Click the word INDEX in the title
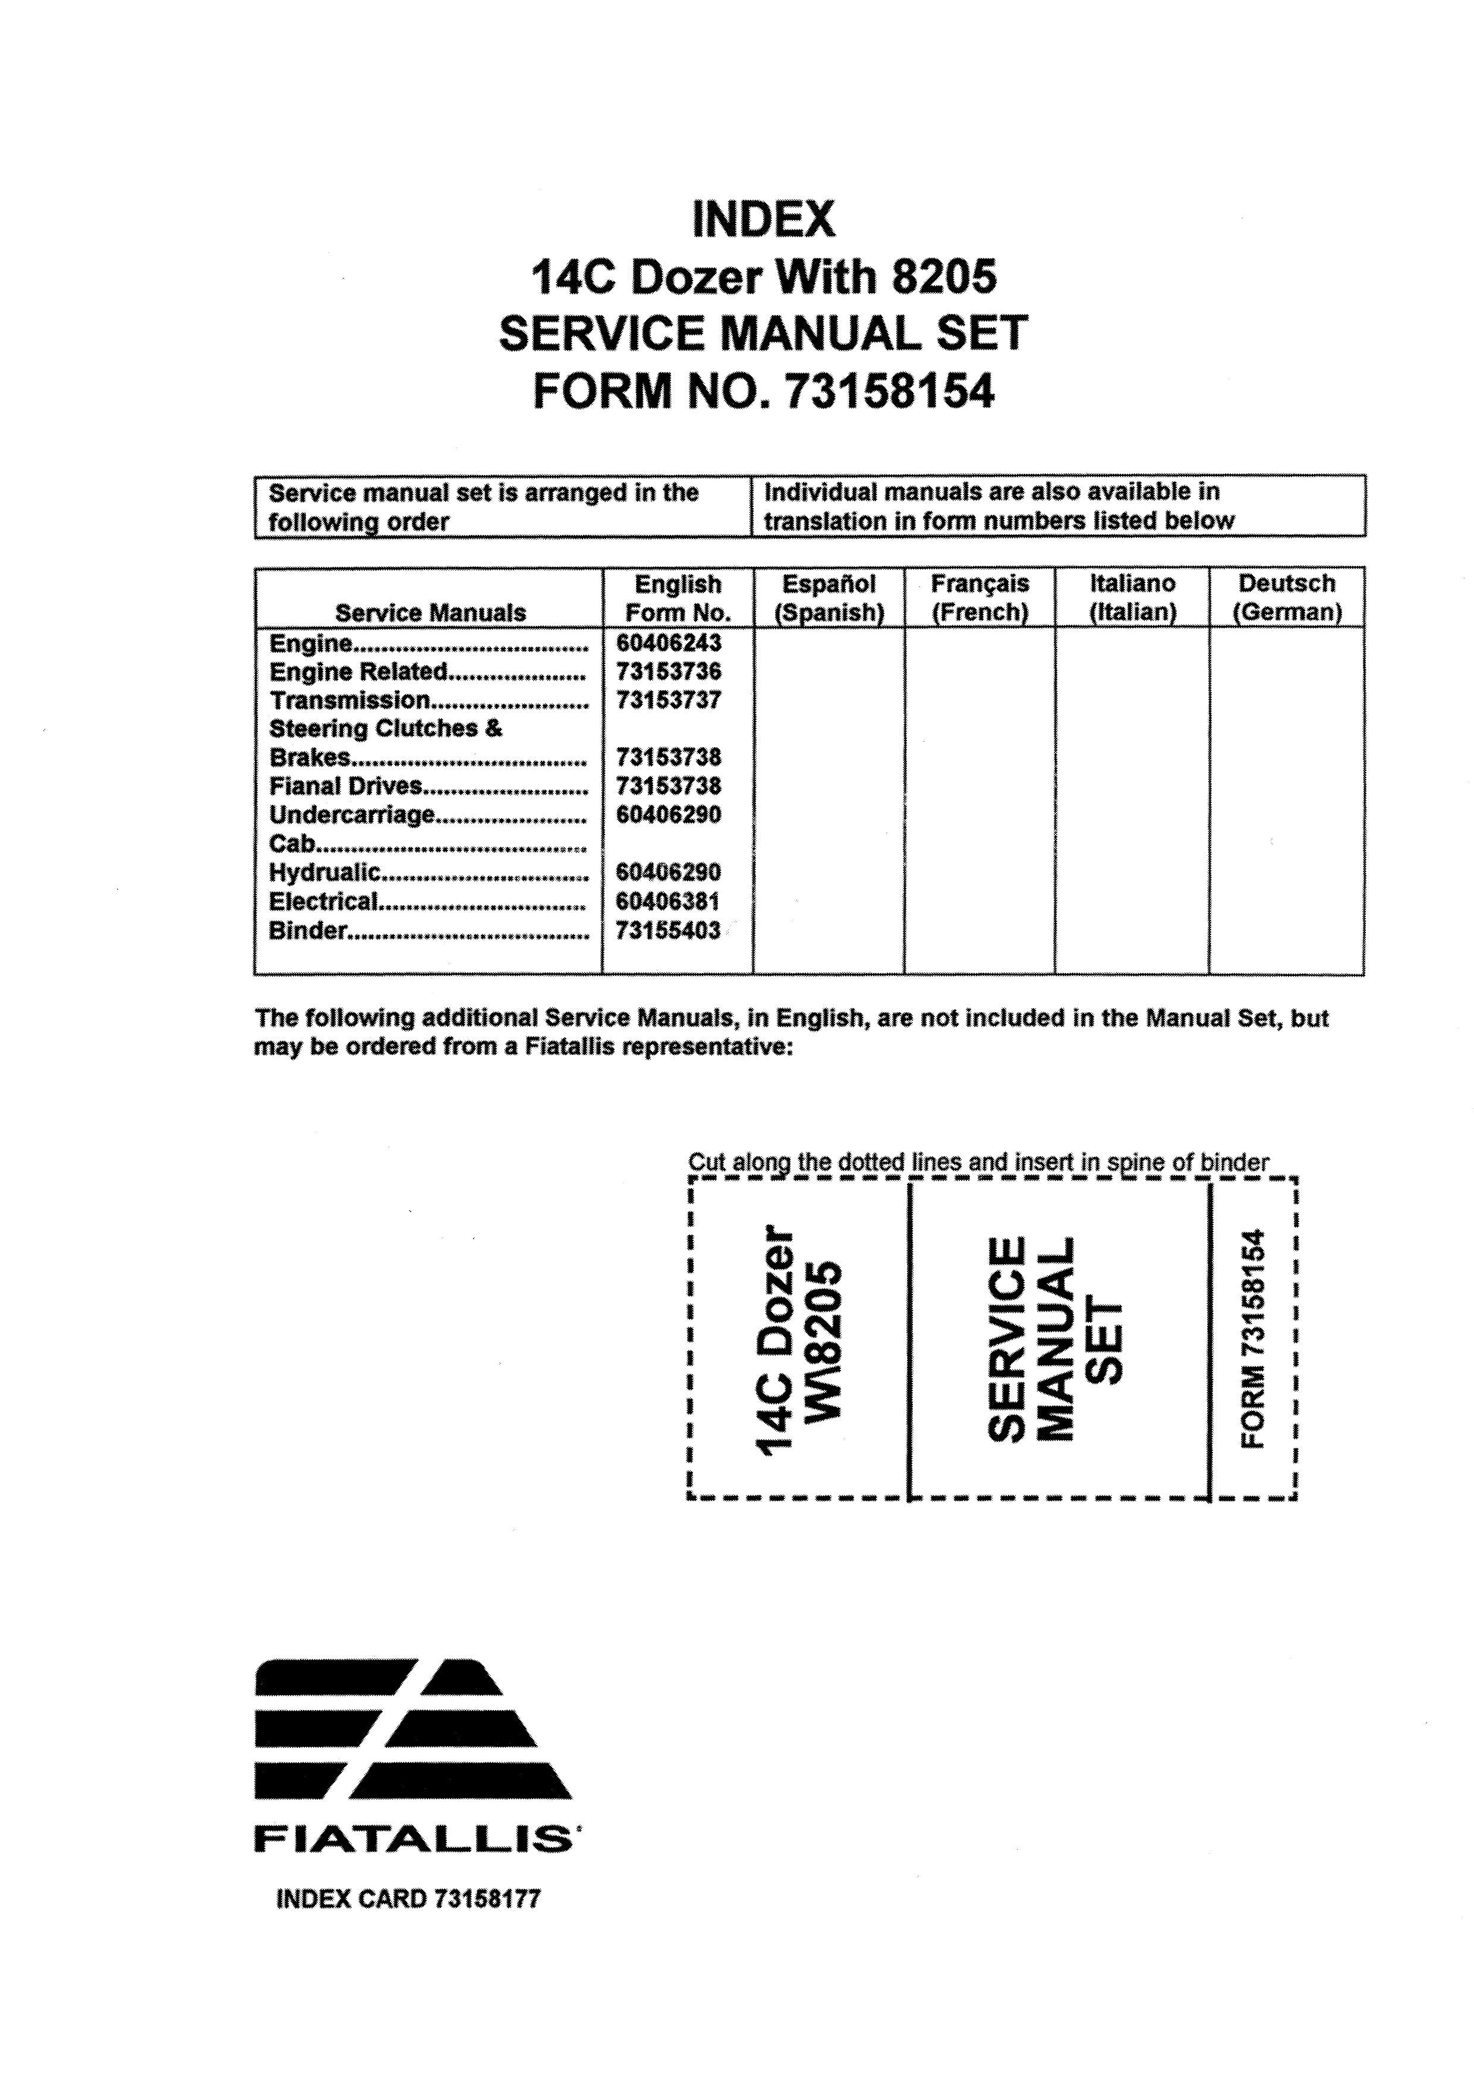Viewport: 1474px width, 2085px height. tap(763, 220)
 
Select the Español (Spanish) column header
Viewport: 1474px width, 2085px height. tap(829, 597)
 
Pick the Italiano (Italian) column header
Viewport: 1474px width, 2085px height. tap(1132, 597)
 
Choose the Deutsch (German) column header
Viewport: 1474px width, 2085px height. tap(1286, 597)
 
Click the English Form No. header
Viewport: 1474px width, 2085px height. tap(678, 597)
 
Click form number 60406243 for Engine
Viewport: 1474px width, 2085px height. tap(669, 643)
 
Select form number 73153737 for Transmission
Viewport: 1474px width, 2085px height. tap(669, 700)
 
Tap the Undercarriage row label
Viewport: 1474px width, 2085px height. tap(352, 815)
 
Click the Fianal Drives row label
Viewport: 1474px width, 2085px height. tap(346, 786)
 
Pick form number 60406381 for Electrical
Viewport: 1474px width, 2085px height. tap(669, 902)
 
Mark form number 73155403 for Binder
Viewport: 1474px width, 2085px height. tap(669, 931)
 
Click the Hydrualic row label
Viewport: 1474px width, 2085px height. tap(325, 873)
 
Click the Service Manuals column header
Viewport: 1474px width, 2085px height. tap(430, 613)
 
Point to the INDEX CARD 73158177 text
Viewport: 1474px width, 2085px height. tap(408, 1899)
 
